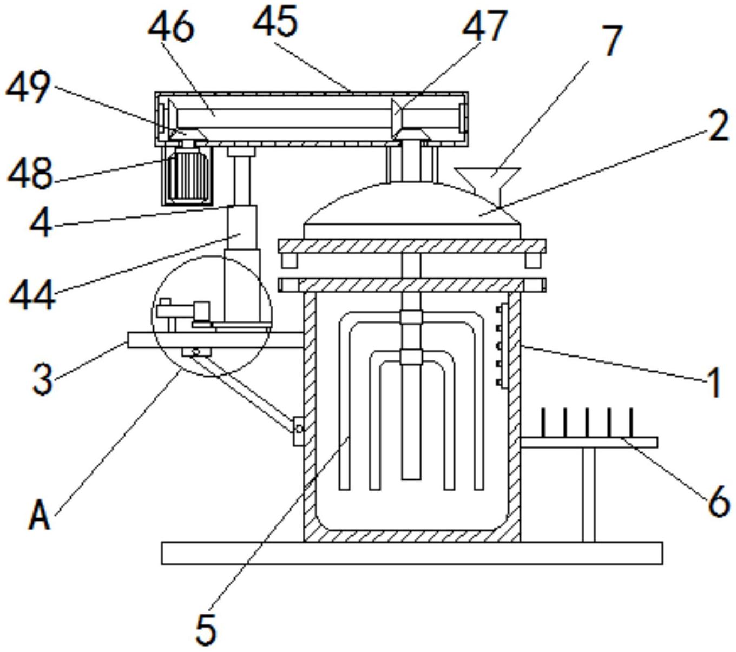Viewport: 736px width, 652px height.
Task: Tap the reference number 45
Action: (x=275, y=22)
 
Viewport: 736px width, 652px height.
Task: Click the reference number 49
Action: (x=28, y=88)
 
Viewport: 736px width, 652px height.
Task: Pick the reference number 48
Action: (x=30, y=173)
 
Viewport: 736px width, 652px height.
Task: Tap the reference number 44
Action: (x=32, y=295)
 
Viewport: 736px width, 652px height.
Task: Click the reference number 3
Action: (x=43, y=379)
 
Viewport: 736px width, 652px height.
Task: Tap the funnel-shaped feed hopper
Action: (x=488, y=176)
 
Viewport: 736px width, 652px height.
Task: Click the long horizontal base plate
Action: (x=412, y=553)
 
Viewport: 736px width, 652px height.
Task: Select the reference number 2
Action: (x=718, y=128)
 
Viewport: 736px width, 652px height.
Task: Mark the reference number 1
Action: (x=714, y=383)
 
